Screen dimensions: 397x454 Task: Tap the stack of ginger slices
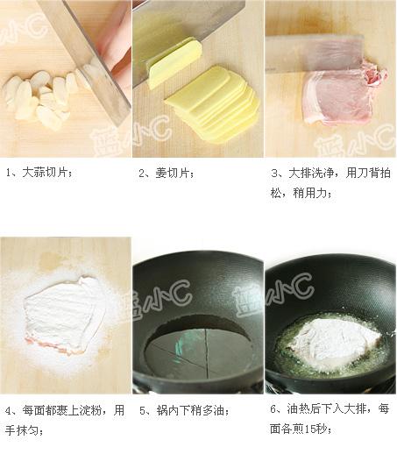(213, 103)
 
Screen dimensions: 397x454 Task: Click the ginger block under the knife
(174, 63)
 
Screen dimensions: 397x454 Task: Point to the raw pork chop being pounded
(344, 94)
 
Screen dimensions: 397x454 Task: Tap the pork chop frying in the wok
(336, 339)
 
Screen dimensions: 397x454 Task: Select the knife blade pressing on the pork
(315, 53)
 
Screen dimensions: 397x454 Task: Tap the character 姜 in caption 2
(160, 174)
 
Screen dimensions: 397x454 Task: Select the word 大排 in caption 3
(300, 173)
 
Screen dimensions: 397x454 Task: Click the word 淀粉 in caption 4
(90, 410)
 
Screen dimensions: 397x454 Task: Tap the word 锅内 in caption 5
(167, 410)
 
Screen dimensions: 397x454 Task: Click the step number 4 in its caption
(8, 411)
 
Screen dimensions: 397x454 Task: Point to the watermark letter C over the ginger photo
(160, 130)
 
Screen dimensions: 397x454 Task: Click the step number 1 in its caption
(8, 173)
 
